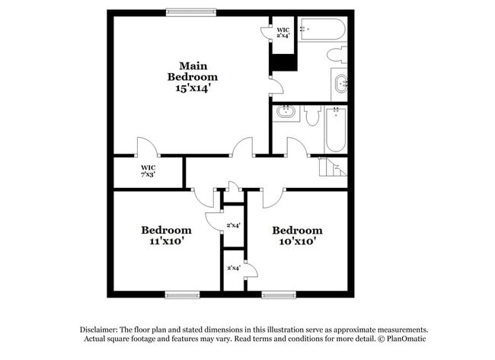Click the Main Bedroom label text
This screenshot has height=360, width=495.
tap(193, 71)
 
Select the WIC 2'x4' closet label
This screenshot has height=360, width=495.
tap(283, 33)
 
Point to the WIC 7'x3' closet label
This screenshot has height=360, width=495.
tap(148, 171)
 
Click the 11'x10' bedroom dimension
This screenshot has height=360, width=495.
tap(166, 241)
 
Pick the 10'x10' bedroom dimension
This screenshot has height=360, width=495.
tap(297, 241)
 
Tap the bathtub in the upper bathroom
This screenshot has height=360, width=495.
tap(322, 29)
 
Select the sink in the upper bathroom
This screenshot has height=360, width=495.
tap(340, 84)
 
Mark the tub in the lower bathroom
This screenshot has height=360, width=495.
tap(336, 129)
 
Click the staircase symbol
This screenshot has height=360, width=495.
tap(332, 167)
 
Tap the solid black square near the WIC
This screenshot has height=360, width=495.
tap(284, 62)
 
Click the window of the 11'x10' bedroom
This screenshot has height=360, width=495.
tap(183, 295)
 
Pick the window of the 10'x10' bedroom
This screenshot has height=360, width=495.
tap(279, 295)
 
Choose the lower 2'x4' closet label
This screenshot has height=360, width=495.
tap(234, 268)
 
